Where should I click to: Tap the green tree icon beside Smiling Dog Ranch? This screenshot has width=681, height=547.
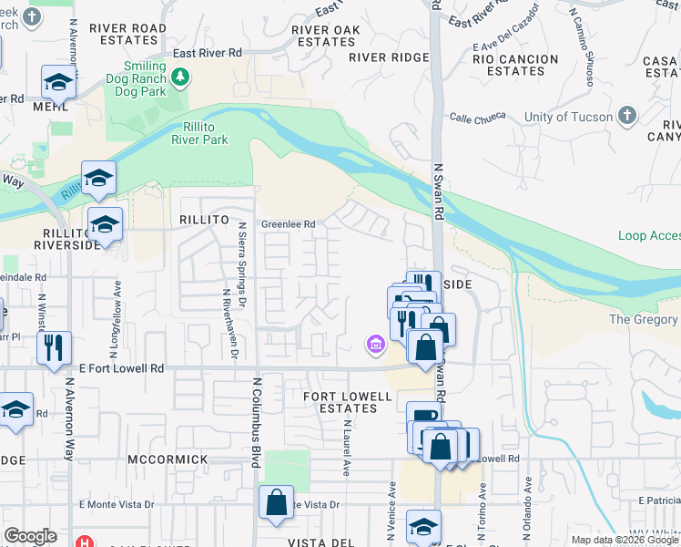pos(182,76)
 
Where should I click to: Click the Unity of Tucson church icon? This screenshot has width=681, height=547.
pos(625,116)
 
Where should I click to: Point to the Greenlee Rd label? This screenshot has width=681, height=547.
pos(288,224)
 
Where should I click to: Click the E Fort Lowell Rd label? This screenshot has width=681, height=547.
pos(121,368)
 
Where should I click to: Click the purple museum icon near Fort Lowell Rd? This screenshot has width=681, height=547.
pos(374,345)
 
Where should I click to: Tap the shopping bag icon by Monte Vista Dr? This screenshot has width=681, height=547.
pos(276,502)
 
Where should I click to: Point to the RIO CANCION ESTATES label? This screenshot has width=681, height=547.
pos(515,65)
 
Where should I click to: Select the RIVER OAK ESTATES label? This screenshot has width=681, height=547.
pos(326,36)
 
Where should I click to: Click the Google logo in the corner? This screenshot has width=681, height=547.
pos(29,536)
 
